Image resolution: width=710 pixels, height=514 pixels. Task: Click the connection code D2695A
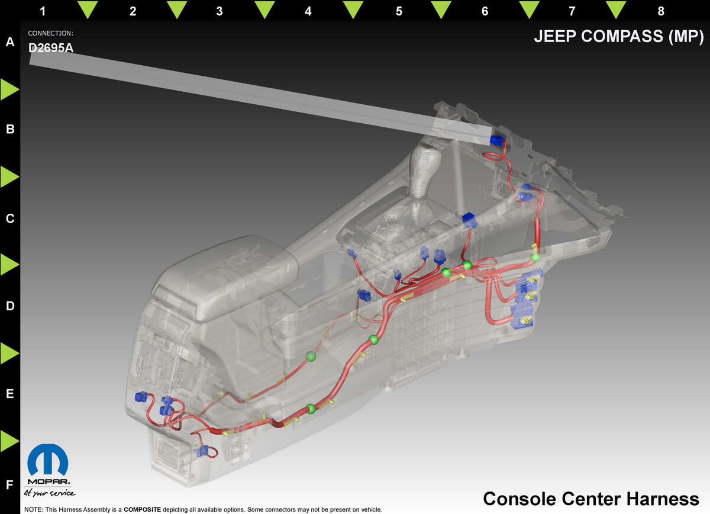(x=51, y=48)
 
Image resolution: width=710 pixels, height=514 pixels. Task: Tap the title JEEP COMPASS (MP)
(x=618, y=36)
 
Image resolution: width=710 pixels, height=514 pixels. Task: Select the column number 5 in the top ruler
(x=399, y=11)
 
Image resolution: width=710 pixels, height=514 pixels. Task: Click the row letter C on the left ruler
(x=10, y=219)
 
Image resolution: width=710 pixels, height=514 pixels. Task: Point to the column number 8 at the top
(x=661, y=11)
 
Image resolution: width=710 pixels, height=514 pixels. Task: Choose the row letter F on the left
(x=10, y=484)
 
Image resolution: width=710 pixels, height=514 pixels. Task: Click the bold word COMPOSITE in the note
(x=143, y=509)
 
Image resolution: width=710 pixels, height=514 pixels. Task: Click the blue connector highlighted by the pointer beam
(x=496, y=140)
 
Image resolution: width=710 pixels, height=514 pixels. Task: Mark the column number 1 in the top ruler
(x=43, y=11)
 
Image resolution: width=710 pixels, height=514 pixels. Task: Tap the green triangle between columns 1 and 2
(x=88, y=9)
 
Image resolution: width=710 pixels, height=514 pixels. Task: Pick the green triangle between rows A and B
(x=9, y=89)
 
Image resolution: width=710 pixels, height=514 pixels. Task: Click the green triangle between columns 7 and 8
(x=616, y=9)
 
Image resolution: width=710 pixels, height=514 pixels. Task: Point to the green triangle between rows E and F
(x=9, y=441)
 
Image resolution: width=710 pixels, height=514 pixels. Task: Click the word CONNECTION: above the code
(x=51, y=33)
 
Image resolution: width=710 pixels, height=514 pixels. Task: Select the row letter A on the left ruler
(x=10, y=41)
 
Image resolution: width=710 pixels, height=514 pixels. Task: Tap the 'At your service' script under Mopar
(x=50, y=493)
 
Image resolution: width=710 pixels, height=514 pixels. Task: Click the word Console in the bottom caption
(x=519, y=499)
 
